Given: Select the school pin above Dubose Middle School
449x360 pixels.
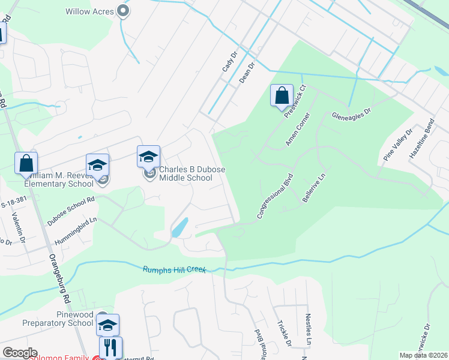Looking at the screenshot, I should pyautogui.click(x=148, y=157).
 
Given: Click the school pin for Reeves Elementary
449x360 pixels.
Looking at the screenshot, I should pyautogui.click(x=97, y=165).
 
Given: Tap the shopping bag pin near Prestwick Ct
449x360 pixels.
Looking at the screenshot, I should pyautogui.click(x=281, y=95).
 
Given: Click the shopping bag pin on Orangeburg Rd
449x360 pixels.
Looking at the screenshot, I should pyautogui.click(x=26, y=163).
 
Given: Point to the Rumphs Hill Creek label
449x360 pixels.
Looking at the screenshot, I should pyautogui.click(x=174, y=270).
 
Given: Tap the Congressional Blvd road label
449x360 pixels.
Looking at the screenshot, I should pyautogui.click(x=274, y=196).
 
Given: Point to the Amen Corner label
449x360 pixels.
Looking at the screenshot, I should pyautogui.click(x=298, y=129).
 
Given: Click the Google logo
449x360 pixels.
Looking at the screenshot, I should pyautogui.click(x=20, y=353).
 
